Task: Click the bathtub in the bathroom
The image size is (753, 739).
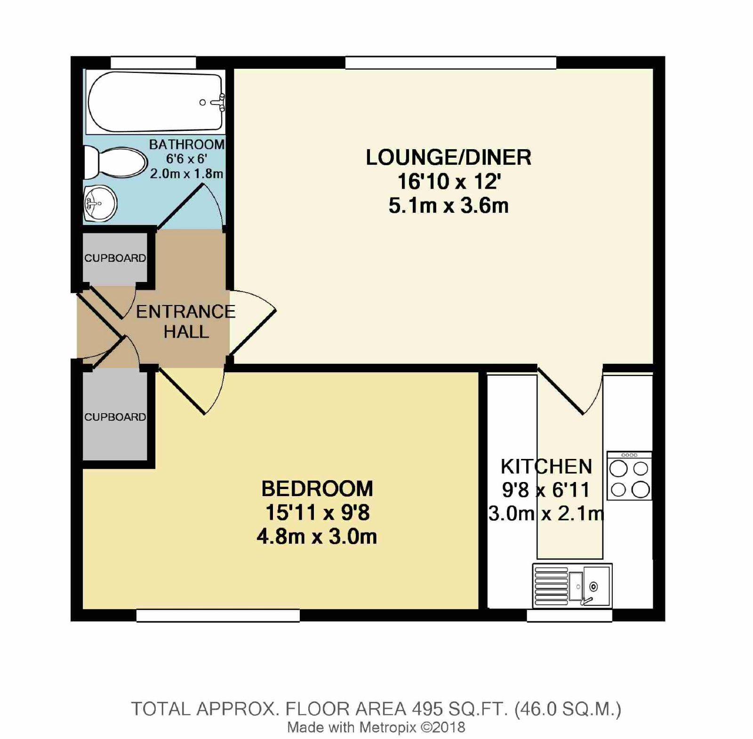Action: (155, 102)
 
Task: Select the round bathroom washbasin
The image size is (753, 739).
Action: (100, 203)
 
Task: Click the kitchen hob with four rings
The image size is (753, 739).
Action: (629, 476)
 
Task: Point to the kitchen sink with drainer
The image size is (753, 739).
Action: (572, 586)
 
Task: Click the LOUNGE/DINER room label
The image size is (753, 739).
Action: (449, 157)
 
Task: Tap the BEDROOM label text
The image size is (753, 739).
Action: (317, 489)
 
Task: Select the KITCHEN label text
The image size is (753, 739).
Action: (546, 466)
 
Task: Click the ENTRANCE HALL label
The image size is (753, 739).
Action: (186, 321)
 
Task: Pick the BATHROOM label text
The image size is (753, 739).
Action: (187, 145)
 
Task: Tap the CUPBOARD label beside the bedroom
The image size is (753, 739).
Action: (115, 417)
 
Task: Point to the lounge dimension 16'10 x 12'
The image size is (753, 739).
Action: (449, 182)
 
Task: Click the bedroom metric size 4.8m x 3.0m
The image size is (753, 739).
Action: (317, 537)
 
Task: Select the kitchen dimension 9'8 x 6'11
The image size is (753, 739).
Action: (546, 490)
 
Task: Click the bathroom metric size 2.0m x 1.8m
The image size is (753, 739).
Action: (187, 174)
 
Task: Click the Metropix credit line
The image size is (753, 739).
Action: (376, 728)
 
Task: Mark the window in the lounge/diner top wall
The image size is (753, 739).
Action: (451, 63)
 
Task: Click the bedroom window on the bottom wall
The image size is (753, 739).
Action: (218, 616)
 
